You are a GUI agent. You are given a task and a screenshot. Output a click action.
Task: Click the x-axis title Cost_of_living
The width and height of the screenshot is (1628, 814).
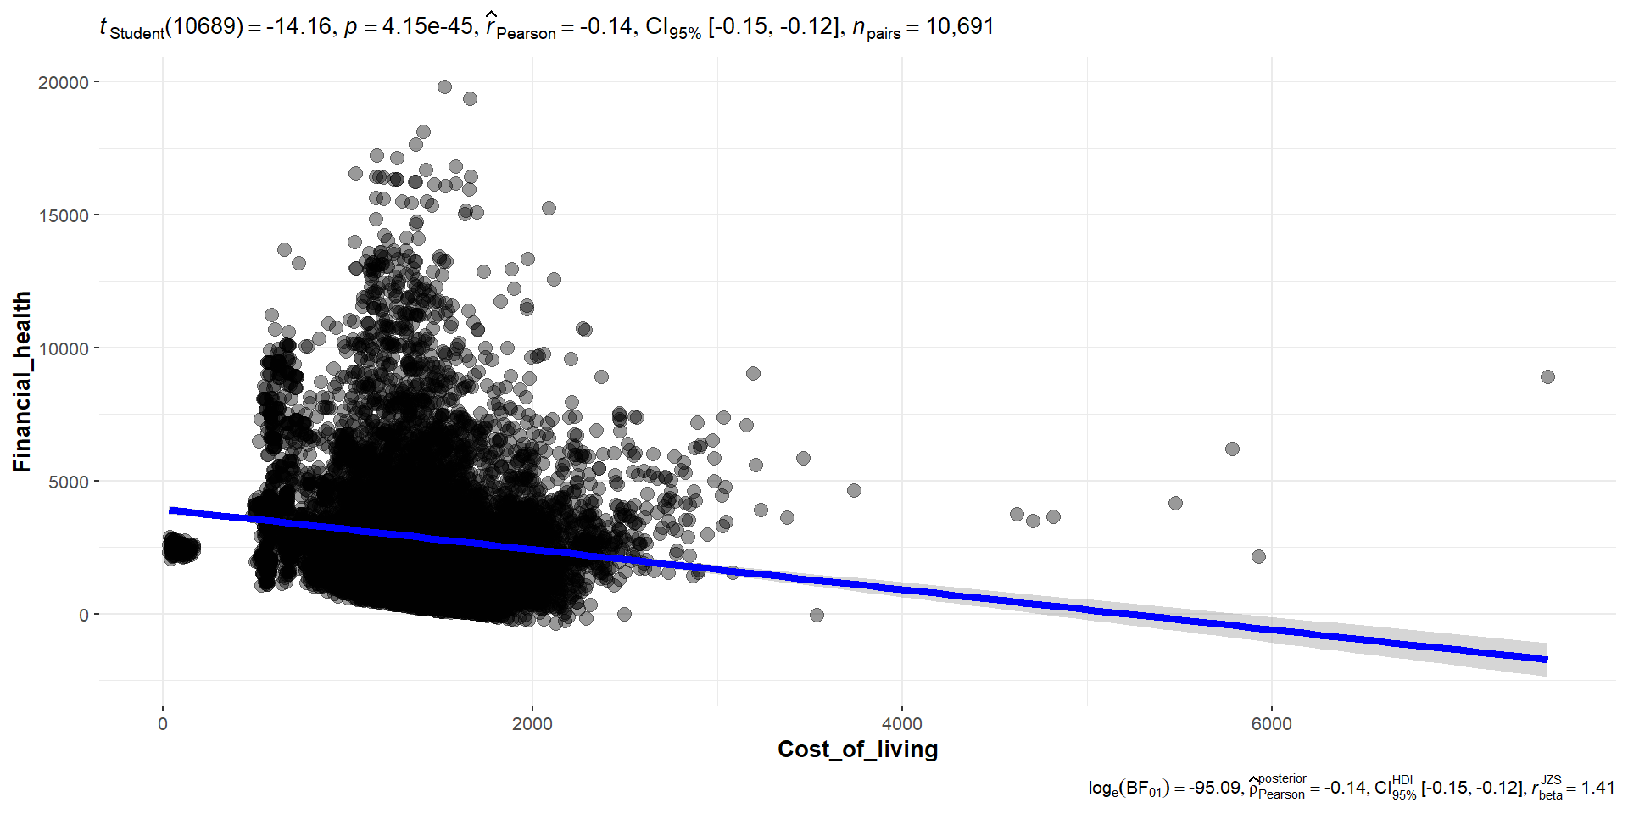point(857,750)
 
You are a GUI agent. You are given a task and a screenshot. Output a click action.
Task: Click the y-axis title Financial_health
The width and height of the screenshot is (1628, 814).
point(22,382)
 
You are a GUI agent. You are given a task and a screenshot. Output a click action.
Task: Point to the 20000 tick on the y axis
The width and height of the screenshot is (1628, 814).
point(64,82)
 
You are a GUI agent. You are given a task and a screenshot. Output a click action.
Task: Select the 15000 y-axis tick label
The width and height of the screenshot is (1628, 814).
point(64,215)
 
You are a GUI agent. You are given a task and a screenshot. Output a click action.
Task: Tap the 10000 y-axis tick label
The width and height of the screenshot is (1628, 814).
point(64,348)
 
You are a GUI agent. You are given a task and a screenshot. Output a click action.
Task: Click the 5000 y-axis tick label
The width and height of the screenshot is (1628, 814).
point(68,482)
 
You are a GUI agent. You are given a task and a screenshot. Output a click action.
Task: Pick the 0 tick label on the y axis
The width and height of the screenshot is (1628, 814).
point(84,615)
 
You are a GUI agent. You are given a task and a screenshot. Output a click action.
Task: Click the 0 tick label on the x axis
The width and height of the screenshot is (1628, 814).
point(163,724)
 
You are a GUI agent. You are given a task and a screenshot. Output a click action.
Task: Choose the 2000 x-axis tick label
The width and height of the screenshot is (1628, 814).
point(532,724)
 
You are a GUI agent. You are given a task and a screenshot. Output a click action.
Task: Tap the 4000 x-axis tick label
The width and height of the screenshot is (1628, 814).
point(902,724)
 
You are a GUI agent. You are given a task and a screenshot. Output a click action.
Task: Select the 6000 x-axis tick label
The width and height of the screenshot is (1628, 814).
point(1272,724)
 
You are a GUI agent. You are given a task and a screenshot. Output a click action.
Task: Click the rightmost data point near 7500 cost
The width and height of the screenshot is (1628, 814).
point(1547,376)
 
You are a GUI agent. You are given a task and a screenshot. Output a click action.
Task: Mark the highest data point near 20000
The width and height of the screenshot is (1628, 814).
point(444,86)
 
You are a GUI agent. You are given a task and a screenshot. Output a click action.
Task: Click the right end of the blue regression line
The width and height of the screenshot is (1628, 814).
point(1546,659)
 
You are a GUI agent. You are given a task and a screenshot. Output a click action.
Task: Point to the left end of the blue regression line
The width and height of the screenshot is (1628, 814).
point(171,510)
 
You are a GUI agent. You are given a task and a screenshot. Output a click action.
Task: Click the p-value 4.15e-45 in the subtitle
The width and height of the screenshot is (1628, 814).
point(427,26)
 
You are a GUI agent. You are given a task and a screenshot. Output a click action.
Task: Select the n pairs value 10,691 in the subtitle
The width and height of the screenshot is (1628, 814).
point(960,26)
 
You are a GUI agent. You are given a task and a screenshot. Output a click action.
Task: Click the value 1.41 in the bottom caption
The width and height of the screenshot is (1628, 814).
point(1597,788)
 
